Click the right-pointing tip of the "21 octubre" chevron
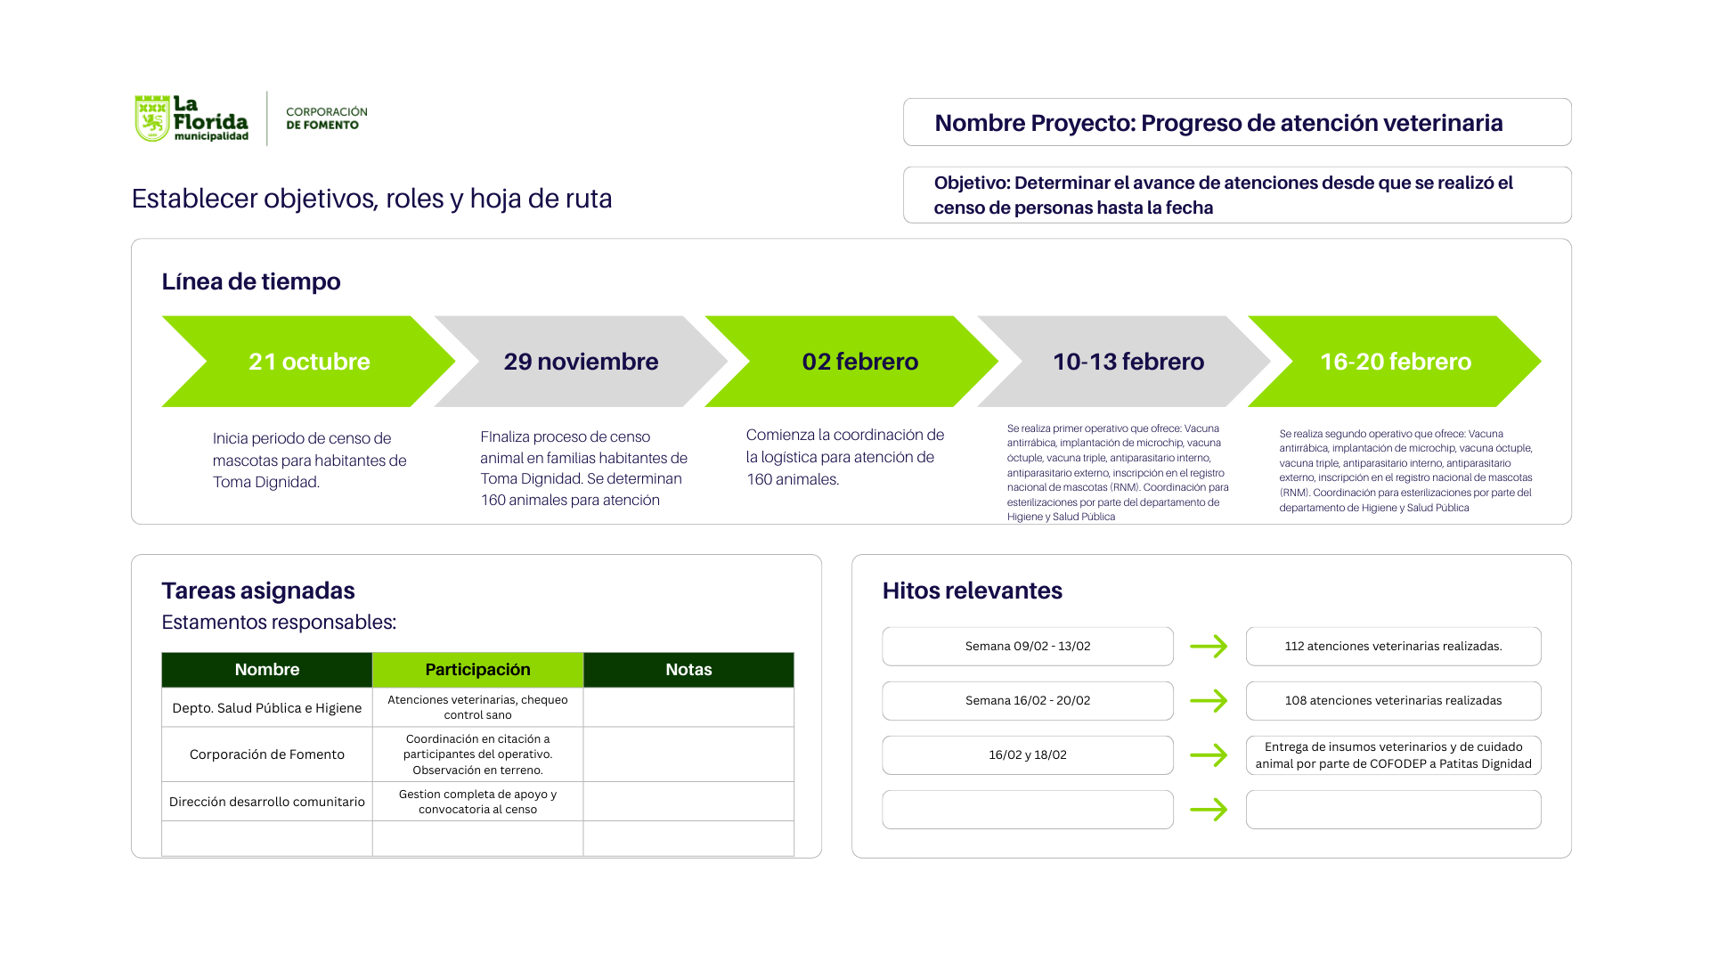click(x=455, y=361)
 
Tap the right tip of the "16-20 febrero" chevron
click(x=1541, y=361)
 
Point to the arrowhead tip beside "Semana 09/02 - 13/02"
click(x=1227, y=647)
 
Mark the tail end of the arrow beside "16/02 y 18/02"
click(x=1191, y=755)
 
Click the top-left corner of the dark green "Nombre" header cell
click(x=162, y=653)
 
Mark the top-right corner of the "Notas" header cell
click(x=794, y=653)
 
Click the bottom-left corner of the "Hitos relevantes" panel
click(x=852, y=858)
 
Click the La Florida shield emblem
click(x=152, y=118)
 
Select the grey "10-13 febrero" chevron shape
click(x=1124, y=361)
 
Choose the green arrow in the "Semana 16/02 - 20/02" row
click(x=1209, y=701)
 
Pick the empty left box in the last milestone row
click(x=1028, y=810)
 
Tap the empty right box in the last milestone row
click(x=1393, y=810)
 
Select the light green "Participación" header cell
click(x=477, y=670)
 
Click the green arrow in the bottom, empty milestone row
click(x=1209, y=810)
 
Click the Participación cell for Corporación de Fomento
click(x=477, y=754)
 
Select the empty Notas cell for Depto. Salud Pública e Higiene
click(x=688, y=707)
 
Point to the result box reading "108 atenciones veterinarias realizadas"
click(x=1393, y=701)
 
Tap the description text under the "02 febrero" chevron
click(x=845, y=457)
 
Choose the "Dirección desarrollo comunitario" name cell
click(x=267, y=802)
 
